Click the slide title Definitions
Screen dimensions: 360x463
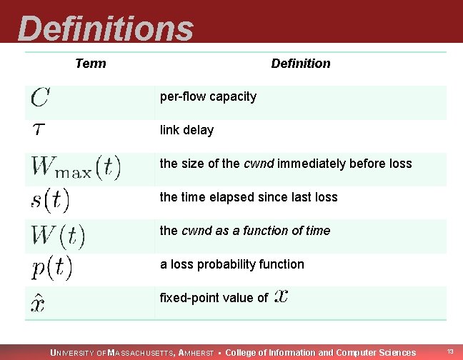point(106,29)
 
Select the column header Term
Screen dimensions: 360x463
point(90,64)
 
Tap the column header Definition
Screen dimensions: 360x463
point(301,64)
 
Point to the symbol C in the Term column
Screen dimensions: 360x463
point(40,97)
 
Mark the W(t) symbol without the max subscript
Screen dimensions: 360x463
point(58,234)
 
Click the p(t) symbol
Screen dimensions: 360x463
point(51,268)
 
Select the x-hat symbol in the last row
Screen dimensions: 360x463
point(39,303)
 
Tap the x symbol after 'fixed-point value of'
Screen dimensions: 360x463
point(282,296)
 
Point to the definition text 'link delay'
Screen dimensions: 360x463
point(186,130)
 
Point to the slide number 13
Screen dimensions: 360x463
point(450,351)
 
